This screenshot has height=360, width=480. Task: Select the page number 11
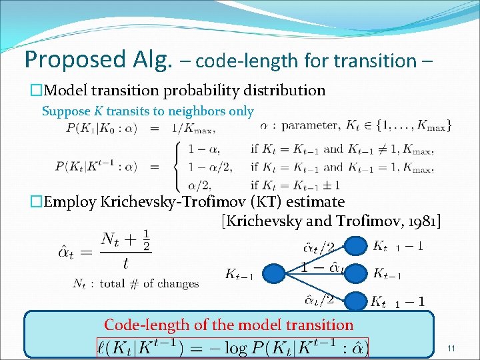[x=451, y=349]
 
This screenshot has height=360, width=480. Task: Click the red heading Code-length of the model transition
[x=229, y=325]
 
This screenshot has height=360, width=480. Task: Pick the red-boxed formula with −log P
[x=233, y=346]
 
